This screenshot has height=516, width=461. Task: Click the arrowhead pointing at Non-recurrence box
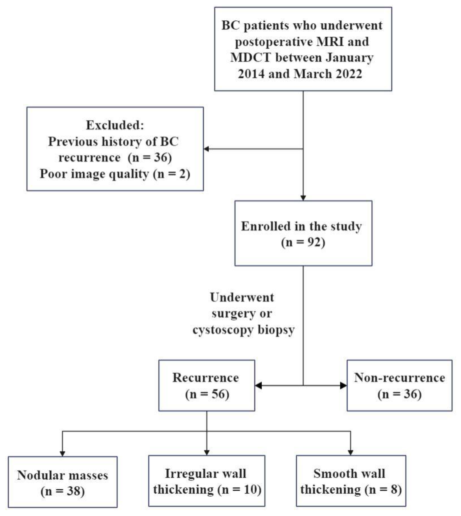pyautogui.click(x=343, y=386)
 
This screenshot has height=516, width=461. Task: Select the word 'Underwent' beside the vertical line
pyautogui.click(x=242, y=297)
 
